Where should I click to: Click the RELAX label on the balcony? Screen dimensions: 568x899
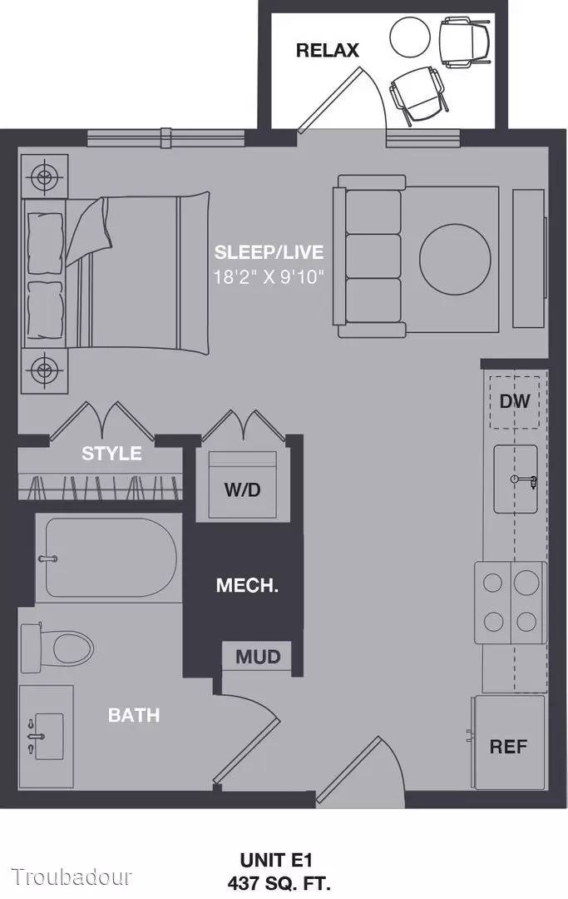click(x=327, y=51)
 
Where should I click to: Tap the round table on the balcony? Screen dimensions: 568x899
click(x=410, y=37)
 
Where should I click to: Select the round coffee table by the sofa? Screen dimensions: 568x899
click(x=455, y=259)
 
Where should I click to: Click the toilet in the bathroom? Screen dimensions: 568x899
click(x=58, y=648)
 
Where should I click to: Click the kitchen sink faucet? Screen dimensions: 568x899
click(x=525, y=480)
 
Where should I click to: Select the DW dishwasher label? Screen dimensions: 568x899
click(x=515, y=401)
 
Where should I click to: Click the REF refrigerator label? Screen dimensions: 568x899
click(x=508, y=747)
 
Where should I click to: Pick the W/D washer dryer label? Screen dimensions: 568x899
click(x=242, y=489)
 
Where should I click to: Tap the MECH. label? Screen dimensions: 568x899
click(x=247, y=585)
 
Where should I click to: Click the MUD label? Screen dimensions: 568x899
click(x=258, y=657)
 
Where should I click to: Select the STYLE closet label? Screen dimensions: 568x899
click(x=111, y=454)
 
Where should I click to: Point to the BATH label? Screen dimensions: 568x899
click(x=134, y=715)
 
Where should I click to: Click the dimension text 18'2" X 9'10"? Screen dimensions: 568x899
click(x=269, y=277)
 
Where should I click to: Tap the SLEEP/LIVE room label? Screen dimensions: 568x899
click(x=269, y=252)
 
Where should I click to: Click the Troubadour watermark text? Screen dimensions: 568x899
click(x=72, y=877)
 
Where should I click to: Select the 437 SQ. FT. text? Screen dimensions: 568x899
click(x=279, y=882)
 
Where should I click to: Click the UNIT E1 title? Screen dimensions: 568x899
click(x=276, y=860)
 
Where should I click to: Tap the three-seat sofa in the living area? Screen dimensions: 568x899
click(x=369, y=256)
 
